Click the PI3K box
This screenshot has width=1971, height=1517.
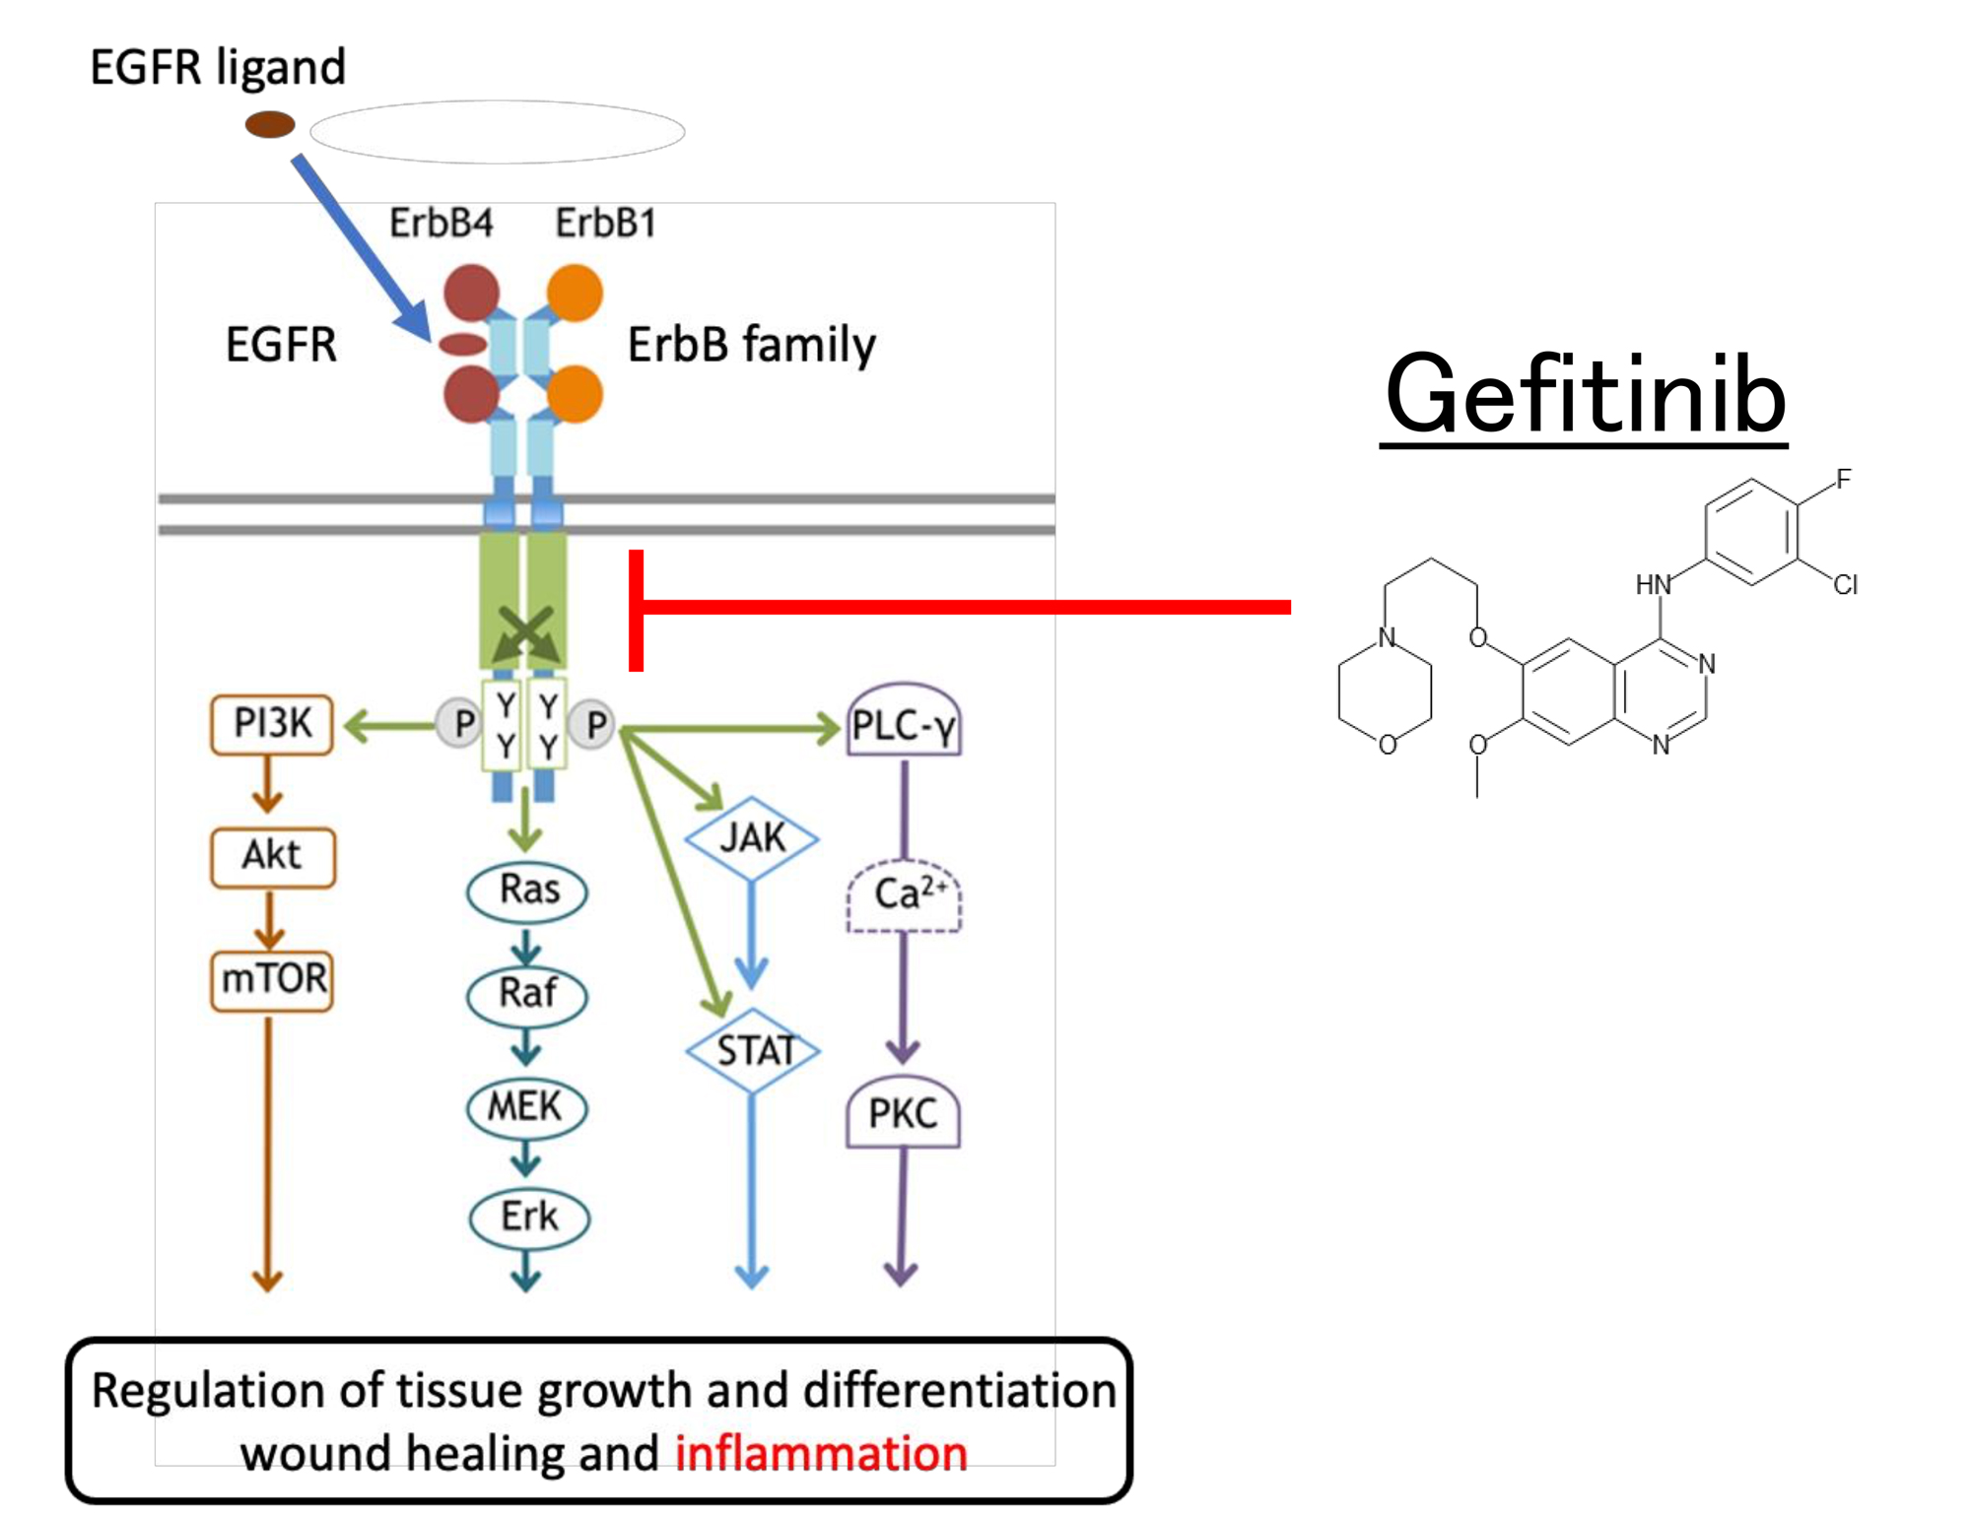point(272,725)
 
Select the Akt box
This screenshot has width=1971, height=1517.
point(273,856)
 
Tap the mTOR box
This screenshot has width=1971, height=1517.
point(273,979)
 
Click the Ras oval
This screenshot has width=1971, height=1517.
point(527,890)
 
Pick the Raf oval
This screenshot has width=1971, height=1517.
point(527,994)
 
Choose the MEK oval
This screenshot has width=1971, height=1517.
point(527,1107)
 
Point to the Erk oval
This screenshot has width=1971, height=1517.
point(529,1218)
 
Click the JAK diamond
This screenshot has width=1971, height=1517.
point(752,838)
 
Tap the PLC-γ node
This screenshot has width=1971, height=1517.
point(904,725)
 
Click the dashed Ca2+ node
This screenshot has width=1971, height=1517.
point(904,895)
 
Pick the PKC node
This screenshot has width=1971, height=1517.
point(903,1114)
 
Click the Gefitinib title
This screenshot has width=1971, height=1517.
point(1585,396)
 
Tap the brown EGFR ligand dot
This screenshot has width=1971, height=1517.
point(270,125)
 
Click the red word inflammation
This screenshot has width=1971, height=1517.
point(821,1454)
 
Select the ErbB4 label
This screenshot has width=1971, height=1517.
point(441,224)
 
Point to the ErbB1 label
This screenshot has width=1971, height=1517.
point(605,224)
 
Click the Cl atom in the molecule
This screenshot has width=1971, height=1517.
point(1846,585)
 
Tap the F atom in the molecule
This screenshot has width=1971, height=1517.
point(1843,480)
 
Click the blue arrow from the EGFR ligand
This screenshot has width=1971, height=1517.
point(361,247)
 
